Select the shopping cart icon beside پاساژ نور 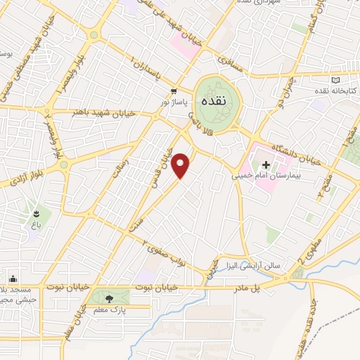pos(173,91)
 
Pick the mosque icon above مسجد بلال pos(12,278)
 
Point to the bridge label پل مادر pos(266,288)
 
